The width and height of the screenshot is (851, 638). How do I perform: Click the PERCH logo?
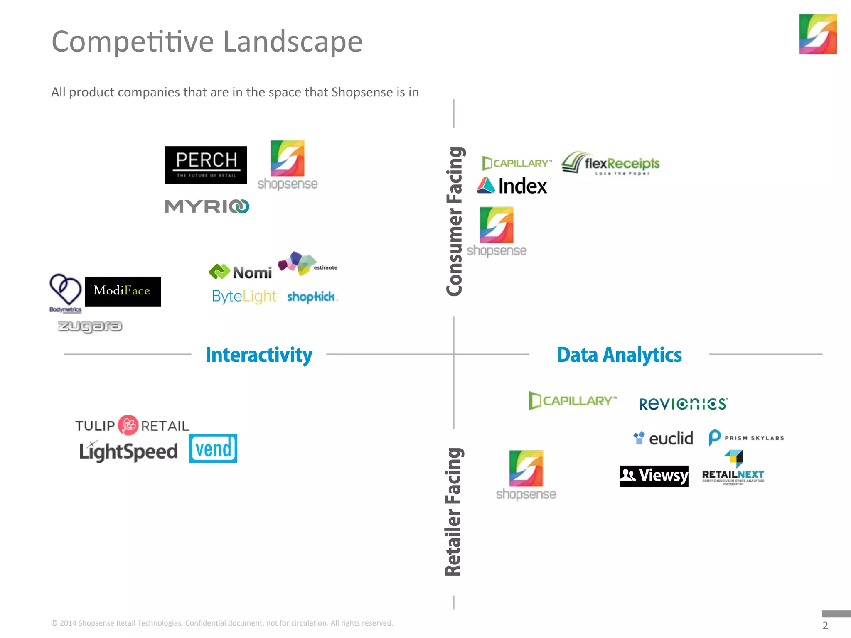tap(206, 165)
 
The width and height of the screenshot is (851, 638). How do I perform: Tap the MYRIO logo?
tap(207, 206)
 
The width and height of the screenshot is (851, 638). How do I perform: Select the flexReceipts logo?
tap(610, 163)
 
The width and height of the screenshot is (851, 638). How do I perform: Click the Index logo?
tap(512, 186)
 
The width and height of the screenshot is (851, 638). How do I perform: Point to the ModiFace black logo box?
tap(123, 292)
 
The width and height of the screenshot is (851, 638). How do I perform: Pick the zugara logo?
tap(90, 326)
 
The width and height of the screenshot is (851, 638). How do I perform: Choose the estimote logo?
tap(307, 264)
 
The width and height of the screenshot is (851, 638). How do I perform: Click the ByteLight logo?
tap(243, 297)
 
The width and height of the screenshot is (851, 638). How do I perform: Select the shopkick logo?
tap(312, 297)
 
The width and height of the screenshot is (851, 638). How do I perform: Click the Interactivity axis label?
tap(259, 355)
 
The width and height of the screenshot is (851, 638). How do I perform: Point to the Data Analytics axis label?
tap(619, 355)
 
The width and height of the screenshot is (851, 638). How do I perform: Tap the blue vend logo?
tap(213, 449)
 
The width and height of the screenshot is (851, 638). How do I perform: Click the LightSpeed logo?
tap(128, 452)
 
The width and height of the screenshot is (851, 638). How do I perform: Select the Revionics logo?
tap(683, 404)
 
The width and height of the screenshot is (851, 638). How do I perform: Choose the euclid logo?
tap(663, 438)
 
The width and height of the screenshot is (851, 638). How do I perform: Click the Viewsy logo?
tap(654, 476)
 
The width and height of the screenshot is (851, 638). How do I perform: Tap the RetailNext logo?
tap(733, 469)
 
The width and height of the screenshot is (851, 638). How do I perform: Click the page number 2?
tap(825, 625)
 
